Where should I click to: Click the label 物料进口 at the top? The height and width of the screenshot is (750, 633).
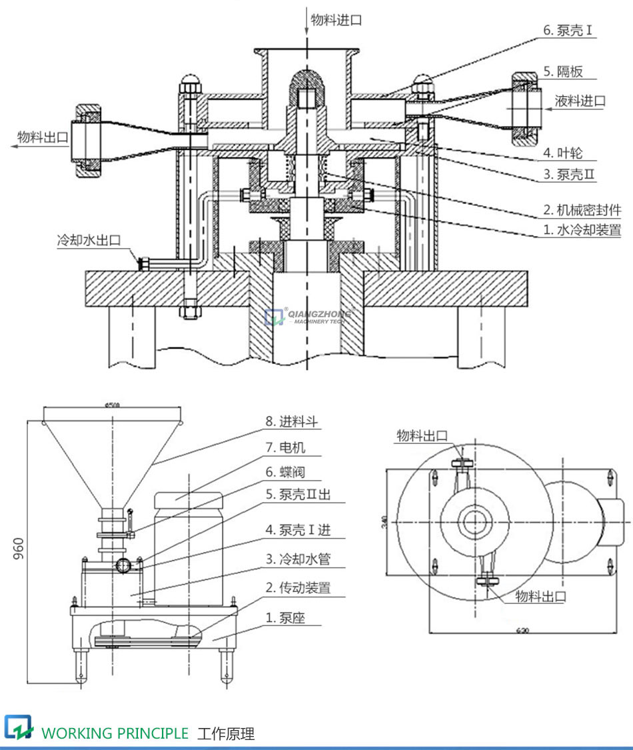(x=337, y=21)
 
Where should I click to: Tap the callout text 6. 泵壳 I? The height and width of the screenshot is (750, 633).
(x=568, y=31)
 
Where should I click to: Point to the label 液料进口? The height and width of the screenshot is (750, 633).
(x=580, y=101)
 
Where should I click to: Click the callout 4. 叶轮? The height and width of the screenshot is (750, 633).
(x=562, y=153)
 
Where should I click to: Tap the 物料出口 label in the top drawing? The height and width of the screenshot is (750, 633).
(x=43, y=137)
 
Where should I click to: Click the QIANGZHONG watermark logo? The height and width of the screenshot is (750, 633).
(x=308, y=316)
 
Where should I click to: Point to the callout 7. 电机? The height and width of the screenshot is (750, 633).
(x=286, y=448)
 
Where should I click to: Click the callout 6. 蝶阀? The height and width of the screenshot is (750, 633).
(x=286, y=473)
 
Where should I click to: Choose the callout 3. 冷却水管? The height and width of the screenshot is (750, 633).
(x=298, y=559)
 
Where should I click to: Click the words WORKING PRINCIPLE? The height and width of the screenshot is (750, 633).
(x=115, y=733)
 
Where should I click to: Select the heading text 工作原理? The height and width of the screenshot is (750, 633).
(x=226, y=734)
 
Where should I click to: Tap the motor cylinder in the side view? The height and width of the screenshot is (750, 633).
(x=187, y=533)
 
